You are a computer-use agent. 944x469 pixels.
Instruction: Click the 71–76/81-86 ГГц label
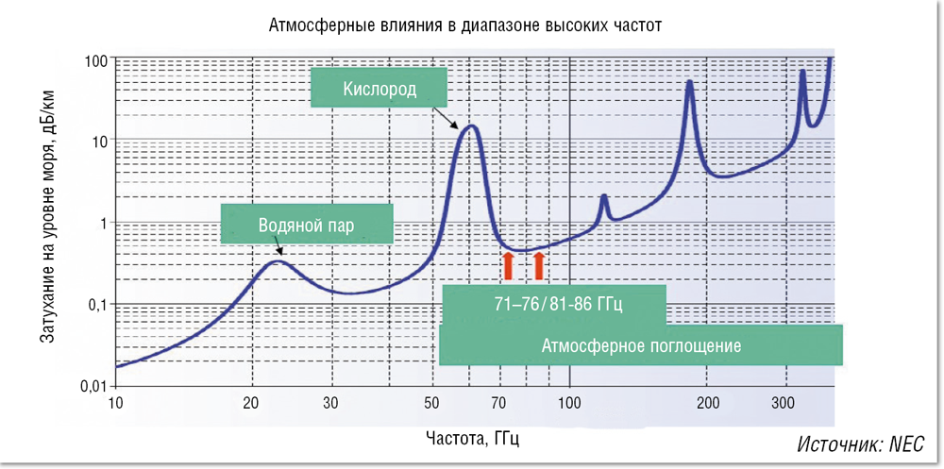pyautogui.click(x=554, y=304)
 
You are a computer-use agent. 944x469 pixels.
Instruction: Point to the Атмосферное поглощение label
pyautogui.click(x=641, y=345)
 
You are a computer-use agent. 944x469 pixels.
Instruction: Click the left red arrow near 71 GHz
pyautogui.click(x=507, y=266)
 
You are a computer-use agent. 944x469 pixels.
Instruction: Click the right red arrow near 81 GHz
pyautogui.click(x=539, y=266)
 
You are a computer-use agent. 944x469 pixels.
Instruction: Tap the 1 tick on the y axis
pyautogui.click(x=98, y=223)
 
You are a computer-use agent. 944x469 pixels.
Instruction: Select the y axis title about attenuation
pyautogui.click(x=48, y=223)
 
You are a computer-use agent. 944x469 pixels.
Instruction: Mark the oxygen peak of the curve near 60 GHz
pyautogui.click(x=469, y=126)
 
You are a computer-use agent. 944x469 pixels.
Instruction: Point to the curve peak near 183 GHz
pyautogui.click(x=690, y=82)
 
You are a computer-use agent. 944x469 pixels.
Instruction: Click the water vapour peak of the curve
pyautogui.click(x=276, y=260)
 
